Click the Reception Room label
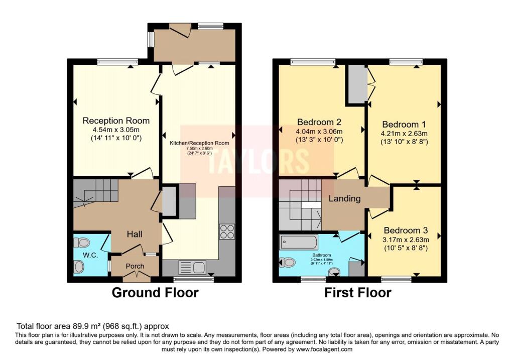116,121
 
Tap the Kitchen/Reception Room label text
199,143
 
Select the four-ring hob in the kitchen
227,231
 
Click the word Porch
135,266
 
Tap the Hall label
135,234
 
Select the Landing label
344,198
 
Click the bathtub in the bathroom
299,243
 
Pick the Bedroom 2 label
319,122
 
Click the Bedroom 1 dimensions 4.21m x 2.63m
405,134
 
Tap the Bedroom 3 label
405,230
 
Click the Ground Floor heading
155,293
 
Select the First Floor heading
357,293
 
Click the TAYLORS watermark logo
257,160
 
